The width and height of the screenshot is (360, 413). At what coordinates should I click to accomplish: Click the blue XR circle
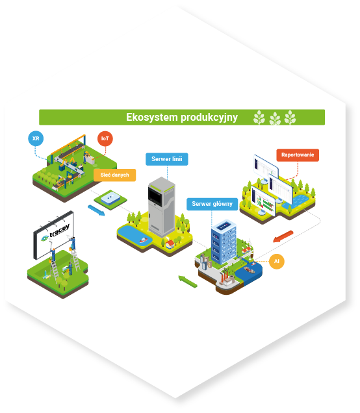pyautogui.click(x=36, y=138)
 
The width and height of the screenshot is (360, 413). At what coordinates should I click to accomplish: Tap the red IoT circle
pyautogui.click(x=105, y=138)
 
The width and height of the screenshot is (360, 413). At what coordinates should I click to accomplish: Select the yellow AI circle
pyautogui.click(x=276, y=261)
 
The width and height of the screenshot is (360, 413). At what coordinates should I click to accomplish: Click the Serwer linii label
pyautogui.click(x=167, y=159)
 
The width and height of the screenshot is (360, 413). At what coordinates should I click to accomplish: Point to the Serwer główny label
pyautogui.click(x=212, y=204)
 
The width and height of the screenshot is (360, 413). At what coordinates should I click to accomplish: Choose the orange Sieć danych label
pyautogui.click(x=114, y=175)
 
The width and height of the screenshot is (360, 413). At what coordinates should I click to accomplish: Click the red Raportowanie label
pyautogui.click(x=298, y=155)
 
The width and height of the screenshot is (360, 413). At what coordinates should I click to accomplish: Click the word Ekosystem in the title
pyautogui.click(x=152, y=118)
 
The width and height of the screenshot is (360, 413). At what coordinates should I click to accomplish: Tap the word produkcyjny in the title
pyautogui.click(x=209, y=118)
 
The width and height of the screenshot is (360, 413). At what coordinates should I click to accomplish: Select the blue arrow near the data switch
pyautogui.click(x=96, y=210)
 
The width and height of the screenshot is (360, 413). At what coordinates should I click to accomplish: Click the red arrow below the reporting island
pyautogui.click(x=283, y=236)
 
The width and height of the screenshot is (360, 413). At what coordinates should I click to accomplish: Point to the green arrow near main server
pyautogui.click(x=188, y=282)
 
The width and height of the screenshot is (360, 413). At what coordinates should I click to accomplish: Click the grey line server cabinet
pyautogui.click(x=161, y=206)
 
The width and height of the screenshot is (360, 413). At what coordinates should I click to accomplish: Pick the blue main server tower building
pyautogui.click(x=224, y=242)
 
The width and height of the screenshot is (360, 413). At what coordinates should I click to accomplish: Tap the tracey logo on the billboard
pyautogui.click(x=56, y=232)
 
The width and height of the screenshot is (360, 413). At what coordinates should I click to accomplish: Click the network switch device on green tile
pyautogui.click(x=110, y=198)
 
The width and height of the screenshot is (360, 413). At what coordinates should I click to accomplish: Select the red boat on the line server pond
pyautogui.click(x=143, y=240)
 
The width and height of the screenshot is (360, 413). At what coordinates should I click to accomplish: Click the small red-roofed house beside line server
pyautogui.click(x=170, y=244)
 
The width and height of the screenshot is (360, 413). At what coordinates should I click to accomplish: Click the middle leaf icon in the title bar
pyautogui.click(x=275, y=119)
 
